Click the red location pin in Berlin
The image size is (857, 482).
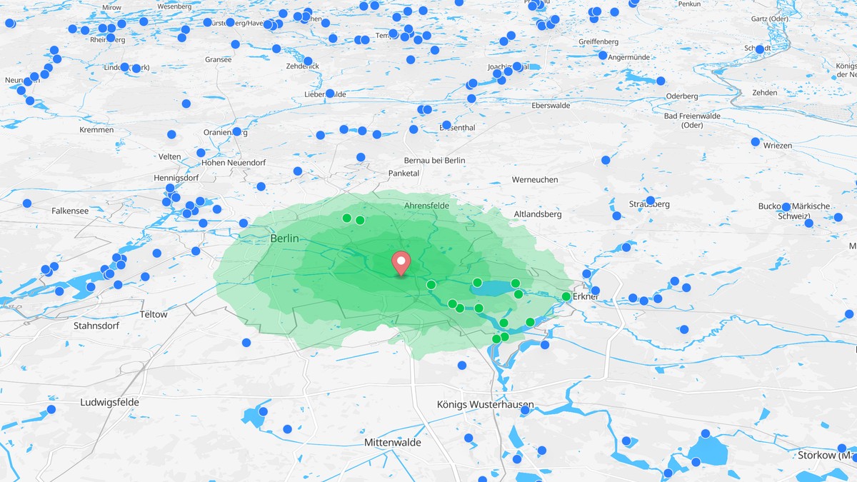[x=401, y=262]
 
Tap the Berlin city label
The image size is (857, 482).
[x=284, y=239]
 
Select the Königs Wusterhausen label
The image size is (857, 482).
[x=485, y=405]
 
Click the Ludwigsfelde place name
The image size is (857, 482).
[x=109, y=402]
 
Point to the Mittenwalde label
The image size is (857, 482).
[x=392, y=443]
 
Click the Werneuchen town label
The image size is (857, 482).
[x=535, y=180]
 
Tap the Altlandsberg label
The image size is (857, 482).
[x=538, y=214]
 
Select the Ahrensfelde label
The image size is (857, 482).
[x=426, y=206]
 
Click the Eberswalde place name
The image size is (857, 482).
[x=551, y=105]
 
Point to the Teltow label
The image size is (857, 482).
[x=154, y=314]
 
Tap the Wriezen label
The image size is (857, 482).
[x=777, y=146]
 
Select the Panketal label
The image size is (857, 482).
[x=404, y=173]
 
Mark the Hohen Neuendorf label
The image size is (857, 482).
[x=214, y=162]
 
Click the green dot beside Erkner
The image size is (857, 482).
[x=566, y=296]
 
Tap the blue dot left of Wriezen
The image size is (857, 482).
[x=755, y=141]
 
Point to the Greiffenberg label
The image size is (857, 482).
[x=598, y=41]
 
